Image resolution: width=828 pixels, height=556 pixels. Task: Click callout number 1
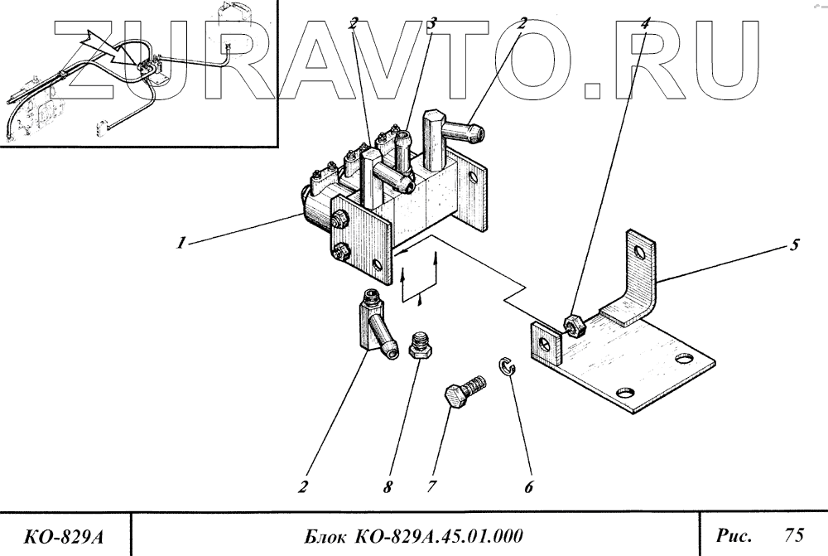click(x=178, y=244)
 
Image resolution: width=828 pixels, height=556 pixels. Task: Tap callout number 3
click(x=431, y=24)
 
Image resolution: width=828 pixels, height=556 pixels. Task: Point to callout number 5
click(x=794, y=245)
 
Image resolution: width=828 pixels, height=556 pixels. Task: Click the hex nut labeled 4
click(x=573, y=323)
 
